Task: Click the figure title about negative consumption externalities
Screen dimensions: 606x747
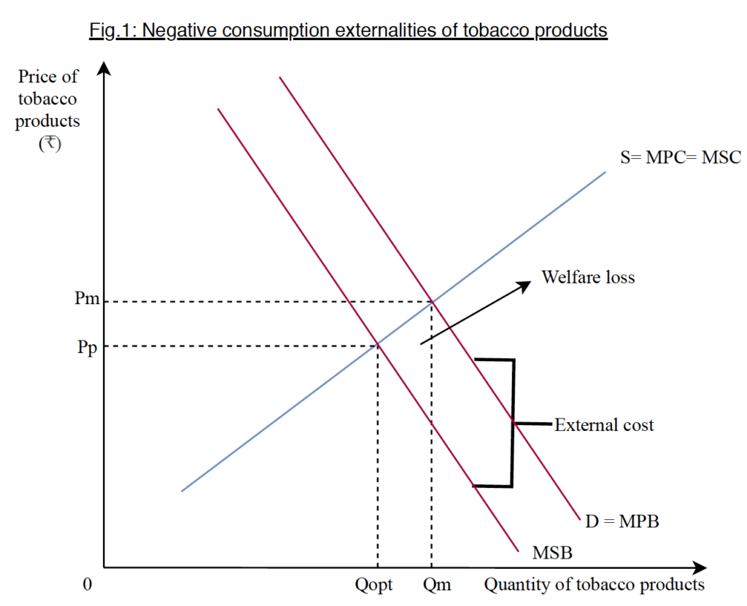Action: click(348, 31)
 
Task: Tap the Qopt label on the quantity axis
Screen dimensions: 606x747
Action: click(373, 585)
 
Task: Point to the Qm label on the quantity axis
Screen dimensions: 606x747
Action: click(436, 585)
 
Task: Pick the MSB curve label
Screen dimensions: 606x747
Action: click(551, 553)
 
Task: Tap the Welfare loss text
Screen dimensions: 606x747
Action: click(588, 277)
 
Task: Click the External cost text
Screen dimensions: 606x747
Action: click(604, 424)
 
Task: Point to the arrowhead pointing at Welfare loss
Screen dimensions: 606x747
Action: click(527, 284)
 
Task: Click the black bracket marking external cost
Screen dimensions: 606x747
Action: click(513, 423)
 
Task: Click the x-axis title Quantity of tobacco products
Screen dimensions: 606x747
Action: click(595, 585)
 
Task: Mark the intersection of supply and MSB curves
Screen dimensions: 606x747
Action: click(377, 345)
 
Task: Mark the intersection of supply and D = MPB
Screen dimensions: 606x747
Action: click(433, 300)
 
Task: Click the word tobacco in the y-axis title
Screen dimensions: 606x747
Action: click(48, 98)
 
